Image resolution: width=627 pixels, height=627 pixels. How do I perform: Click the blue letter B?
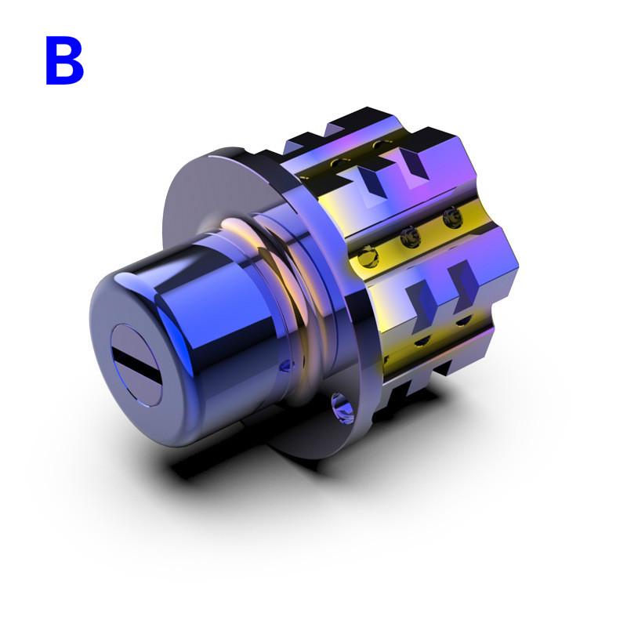[x=64, y=61]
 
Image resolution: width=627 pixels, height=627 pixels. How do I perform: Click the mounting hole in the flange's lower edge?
[x=342, y=407]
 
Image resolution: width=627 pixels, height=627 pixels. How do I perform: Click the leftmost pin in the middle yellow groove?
[x=366, y=255]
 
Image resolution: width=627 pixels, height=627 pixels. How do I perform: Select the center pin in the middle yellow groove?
[x=408, y=236]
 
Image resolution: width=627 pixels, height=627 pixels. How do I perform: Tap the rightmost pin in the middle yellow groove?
[x=450, y=218]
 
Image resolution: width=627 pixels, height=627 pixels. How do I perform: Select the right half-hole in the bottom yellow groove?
[x=462, y=321]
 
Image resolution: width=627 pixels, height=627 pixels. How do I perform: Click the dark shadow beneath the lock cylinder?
[x=235, y=462]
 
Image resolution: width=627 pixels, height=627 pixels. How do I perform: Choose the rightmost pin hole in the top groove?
[x=379, y=145]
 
